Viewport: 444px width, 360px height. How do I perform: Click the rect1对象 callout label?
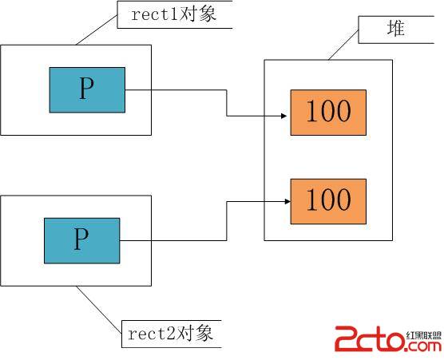click(x=175, y=14)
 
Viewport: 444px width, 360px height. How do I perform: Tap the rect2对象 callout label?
click(x=172, y=334)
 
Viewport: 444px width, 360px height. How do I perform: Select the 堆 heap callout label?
click(x=396, y=30)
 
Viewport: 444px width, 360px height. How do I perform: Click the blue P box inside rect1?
click(x=87, y=90)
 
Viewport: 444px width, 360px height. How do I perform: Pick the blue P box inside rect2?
click(x=81, y=240)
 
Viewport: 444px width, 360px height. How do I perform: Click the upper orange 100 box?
click(x=328, y=113)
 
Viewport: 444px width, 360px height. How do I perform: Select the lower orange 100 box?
click(x=328, y=201)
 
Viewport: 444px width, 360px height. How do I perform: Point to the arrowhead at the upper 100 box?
click(x=283, y=116)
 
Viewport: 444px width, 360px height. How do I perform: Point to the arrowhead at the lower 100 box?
click(x=287, y=201)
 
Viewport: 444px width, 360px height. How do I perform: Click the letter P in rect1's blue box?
click(x=86, y=88)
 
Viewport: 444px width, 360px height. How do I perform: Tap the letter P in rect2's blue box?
click(x=81, y=239)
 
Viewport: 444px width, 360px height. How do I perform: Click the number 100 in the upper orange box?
click(x=329, y=111)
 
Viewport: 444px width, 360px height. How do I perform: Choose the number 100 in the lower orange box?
click(x=329, y=200)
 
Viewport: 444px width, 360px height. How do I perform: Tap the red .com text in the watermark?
click(x=423, y=346)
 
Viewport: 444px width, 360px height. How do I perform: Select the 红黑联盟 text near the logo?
click(x=424, y=335)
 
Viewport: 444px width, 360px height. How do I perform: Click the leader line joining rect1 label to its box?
click(x=97, y=30)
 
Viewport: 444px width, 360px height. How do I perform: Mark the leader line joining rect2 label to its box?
click(x=99, y=310)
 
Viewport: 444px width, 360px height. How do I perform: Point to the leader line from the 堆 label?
click(x=343, y=45)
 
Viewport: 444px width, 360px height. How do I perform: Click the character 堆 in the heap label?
click(x=396, y=28)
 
